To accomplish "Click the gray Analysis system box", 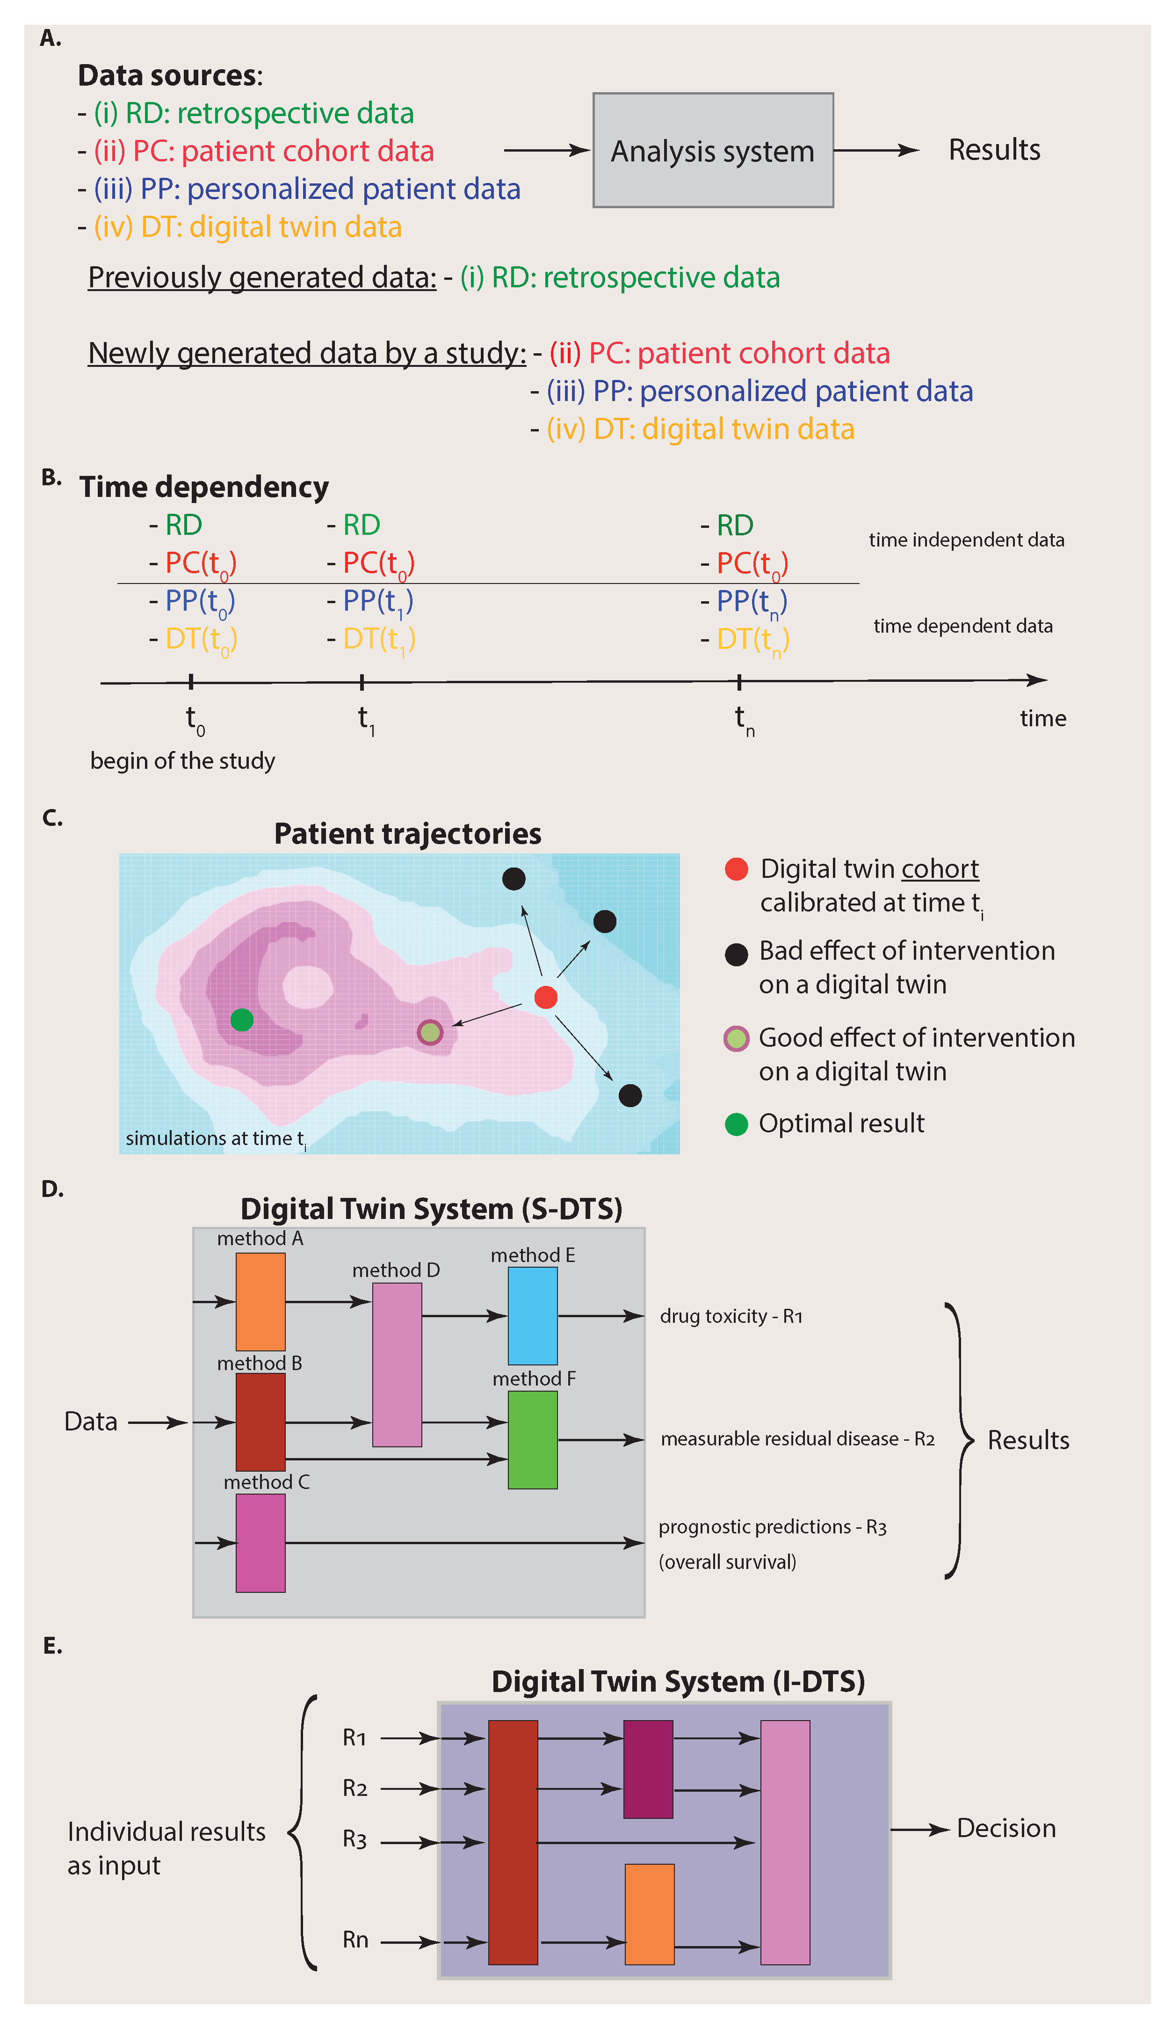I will pos(713,151).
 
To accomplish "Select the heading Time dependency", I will pos(203,487).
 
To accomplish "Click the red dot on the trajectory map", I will pos(545,997).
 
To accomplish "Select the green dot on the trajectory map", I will pos(241,1020).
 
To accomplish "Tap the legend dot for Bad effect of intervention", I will pos(736,955).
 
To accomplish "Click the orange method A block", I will pos(260,1301).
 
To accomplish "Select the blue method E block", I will pos(533,1316).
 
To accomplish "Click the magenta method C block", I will pos(260,1543).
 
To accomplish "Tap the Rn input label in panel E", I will pos(355,1940).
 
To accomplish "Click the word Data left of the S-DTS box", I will pos(91,1422).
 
